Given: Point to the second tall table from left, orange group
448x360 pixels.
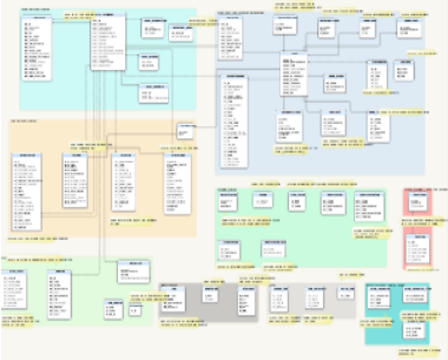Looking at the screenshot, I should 75,181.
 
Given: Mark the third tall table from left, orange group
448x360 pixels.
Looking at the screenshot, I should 124,181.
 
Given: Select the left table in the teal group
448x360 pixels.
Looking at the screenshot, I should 378,298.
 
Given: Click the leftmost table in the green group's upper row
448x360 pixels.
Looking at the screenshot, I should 229,201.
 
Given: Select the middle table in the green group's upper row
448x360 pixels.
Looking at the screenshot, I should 298,201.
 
